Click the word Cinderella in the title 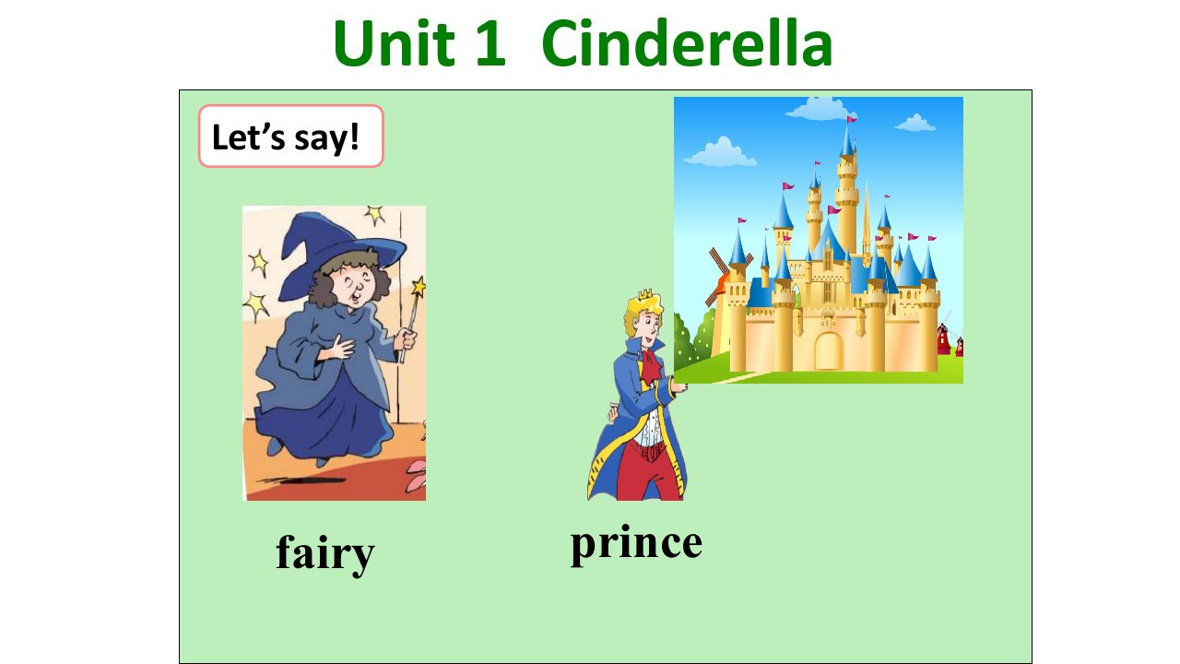687,42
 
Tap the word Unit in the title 394,42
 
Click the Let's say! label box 290,136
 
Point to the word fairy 325,554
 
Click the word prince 636,544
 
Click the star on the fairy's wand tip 419,287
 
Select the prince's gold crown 645,296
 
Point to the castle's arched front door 829,351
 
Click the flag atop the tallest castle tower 851,119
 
